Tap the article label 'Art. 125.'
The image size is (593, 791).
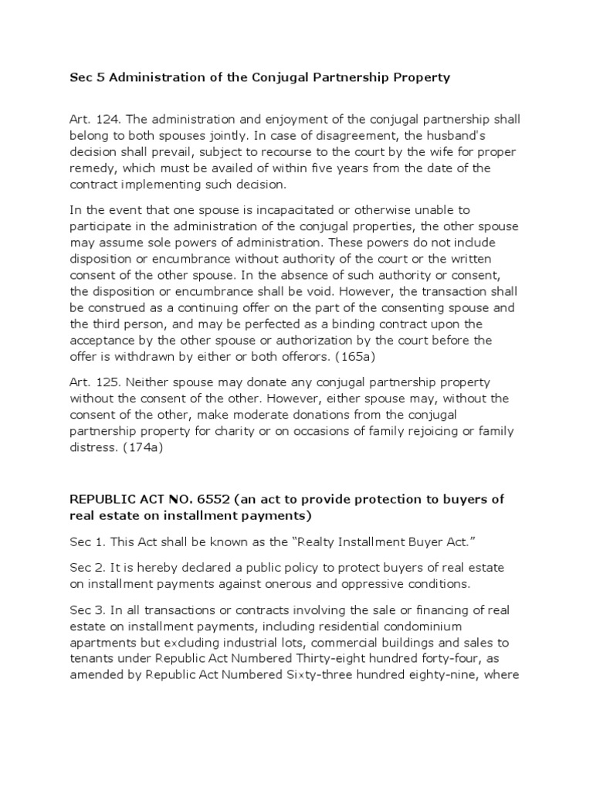95,382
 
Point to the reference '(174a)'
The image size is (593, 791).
155,447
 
